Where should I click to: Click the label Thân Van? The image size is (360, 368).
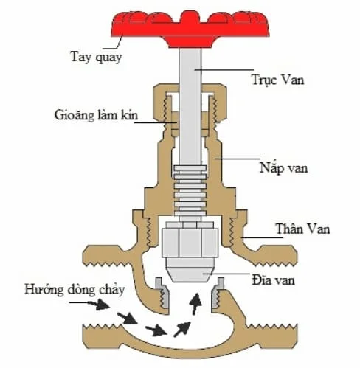[302, 229]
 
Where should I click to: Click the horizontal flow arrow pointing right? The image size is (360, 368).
[154, 327]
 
